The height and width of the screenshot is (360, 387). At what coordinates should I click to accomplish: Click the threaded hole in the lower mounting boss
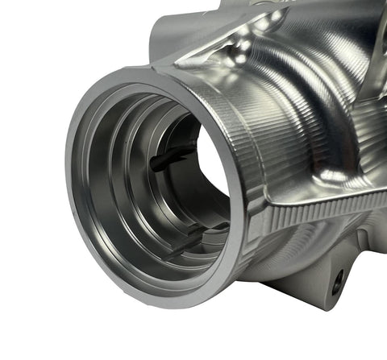click(337, 281)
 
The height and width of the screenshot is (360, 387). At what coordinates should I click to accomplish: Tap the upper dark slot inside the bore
click(172, 158)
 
